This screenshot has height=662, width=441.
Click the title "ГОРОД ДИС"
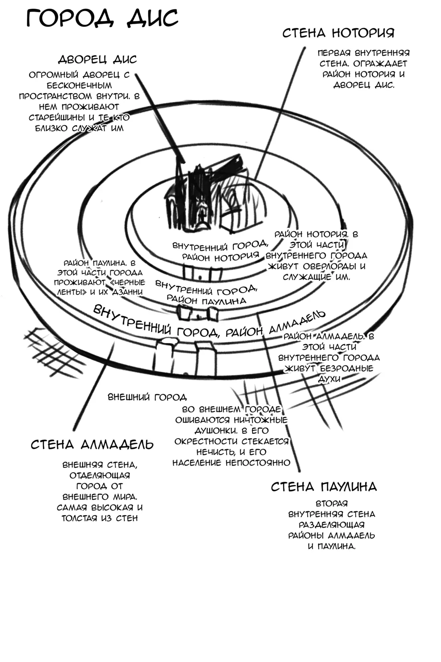point(102,18)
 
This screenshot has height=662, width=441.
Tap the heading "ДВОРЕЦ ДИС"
point(97,59)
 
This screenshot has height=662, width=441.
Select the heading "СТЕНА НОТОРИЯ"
point(338,33)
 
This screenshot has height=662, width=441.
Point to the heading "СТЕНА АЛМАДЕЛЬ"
point(92,445)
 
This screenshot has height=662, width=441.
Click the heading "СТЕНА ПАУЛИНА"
point(324,487)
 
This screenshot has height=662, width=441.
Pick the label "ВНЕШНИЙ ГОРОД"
point(147,397)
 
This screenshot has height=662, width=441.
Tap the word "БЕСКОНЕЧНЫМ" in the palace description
point(79,85)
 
